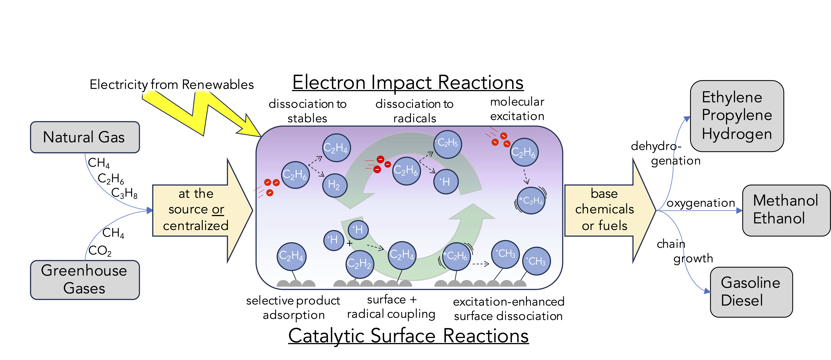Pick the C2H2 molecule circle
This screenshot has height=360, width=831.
coord(360,264)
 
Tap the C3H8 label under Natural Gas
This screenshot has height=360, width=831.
coord(124,193)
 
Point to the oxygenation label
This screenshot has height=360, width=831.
coord(701,203)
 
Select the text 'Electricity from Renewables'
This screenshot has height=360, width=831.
coord(172,84)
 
